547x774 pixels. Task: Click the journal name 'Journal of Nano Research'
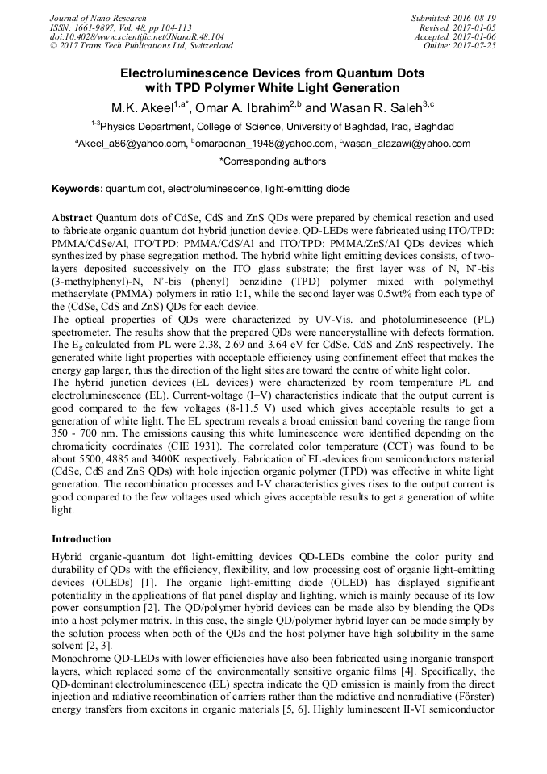coord(98,18)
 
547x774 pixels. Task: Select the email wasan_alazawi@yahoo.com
coord(406,144)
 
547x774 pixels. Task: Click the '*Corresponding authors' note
coord(273,161)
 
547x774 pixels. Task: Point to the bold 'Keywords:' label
coord(77,189)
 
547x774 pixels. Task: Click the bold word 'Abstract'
coord(72,218)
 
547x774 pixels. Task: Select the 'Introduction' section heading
coord(81,538)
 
